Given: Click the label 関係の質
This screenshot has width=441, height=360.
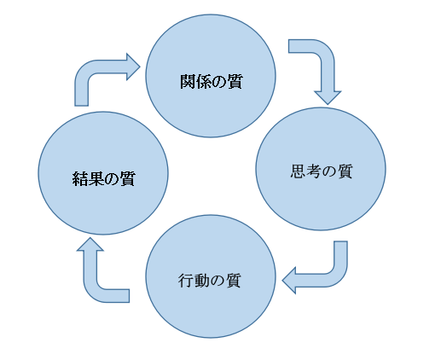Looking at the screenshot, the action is (212, 82).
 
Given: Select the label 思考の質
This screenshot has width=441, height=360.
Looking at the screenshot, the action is (322, 171).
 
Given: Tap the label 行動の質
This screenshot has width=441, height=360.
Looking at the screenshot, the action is (210, 281).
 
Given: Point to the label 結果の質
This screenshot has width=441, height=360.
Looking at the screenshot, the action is (103, 179).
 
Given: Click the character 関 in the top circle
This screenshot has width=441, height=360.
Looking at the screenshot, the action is (188, 82).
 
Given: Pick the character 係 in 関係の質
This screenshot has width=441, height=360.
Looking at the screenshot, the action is (204, 82).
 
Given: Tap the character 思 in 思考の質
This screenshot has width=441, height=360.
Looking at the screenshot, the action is (299, 171).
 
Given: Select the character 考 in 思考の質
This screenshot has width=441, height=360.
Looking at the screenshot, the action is (314, 171).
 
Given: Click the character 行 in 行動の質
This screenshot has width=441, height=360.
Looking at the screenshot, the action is (186, 281).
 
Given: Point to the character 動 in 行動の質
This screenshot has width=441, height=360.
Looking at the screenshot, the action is (202, 281).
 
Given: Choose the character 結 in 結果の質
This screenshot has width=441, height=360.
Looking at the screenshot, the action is (80, 179).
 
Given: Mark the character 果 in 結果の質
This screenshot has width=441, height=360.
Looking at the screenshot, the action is (96, 179).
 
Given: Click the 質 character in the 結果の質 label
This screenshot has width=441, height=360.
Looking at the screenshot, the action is (127, 179).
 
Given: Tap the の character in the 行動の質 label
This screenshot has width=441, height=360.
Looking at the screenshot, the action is (218, 282).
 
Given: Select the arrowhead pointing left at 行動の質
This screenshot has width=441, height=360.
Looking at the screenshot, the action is (289, 281).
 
